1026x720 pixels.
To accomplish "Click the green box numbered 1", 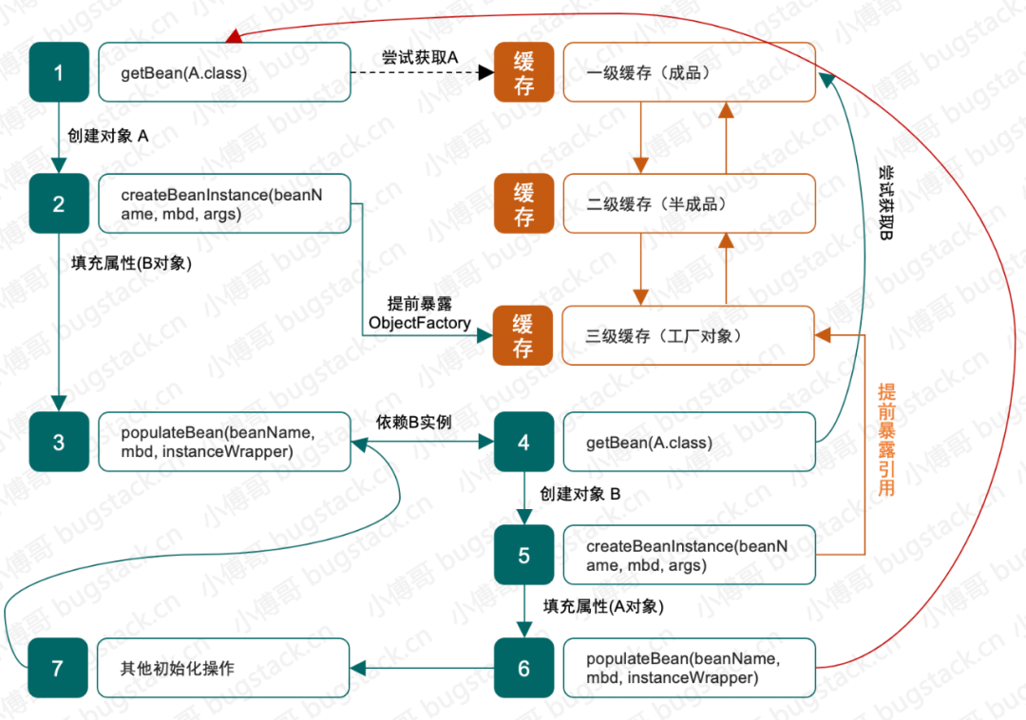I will [x=58, y=72].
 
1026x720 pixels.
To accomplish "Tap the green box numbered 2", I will [x=58, y=203].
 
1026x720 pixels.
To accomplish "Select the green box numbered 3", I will [x=58, y=442].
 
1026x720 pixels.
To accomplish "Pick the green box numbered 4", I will [x=523, y=442].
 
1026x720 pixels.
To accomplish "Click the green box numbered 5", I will [x=523, y=555].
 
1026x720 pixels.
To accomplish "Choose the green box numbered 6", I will [x=523, y=668].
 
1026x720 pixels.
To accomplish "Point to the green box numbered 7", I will [x=58, y=668].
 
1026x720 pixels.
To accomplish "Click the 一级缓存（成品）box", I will [x=689, y=72].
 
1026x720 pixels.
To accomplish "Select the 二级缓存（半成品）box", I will [x=689, y=203].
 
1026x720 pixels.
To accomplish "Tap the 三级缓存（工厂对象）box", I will [x=689, y=335].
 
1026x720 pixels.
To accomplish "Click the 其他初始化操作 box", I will [x=224, y=668].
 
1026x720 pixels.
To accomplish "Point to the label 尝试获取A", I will [x=419, y=58].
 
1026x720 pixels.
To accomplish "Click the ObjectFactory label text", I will [x=420, y=323].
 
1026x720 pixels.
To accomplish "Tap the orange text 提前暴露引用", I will [x=886, y=440].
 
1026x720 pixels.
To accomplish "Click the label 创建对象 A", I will [x=108, y=137].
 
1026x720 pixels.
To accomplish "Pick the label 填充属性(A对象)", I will [x=603, y=606].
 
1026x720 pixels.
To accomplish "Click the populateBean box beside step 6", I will [x=689, y=668].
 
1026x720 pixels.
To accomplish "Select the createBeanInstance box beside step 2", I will [x=224, y=203].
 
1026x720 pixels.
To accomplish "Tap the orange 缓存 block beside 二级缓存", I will [x=523, y=203].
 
